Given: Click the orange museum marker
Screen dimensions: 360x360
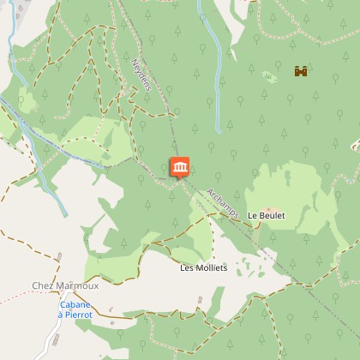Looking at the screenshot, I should point(179,167).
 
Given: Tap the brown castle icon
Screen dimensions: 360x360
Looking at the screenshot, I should point(300,72).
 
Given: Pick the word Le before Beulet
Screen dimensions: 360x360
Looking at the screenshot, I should point(252,215).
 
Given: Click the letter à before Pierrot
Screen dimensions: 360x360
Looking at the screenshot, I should point(61,315).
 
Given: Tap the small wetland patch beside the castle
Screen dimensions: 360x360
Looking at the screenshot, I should point(270,77).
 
